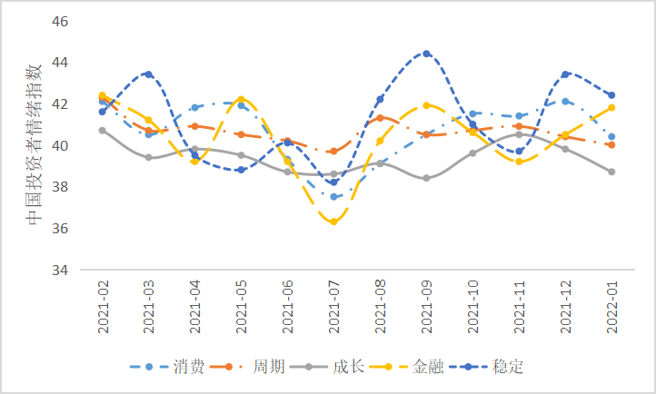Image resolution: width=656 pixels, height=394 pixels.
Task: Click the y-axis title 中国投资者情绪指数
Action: click(x=33, y=145)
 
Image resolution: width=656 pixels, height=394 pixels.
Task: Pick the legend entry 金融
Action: click(x=428, y=367)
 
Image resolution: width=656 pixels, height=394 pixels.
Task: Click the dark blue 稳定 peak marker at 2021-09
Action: click(x=426, y=54)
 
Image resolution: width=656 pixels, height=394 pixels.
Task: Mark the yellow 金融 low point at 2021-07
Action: click(x=333, y=222)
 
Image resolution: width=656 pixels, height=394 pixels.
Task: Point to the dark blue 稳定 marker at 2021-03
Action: click(x=148, y=74)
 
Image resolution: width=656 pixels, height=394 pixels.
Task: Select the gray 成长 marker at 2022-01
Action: click(x=611, y=172)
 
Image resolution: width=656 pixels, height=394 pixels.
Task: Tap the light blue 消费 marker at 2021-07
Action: click(x=333, y=197)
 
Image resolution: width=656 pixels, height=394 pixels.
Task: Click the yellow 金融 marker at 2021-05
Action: click(x=241, y=99)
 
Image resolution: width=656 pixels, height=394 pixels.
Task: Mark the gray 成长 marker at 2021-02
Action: click(x=102, y=130)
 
